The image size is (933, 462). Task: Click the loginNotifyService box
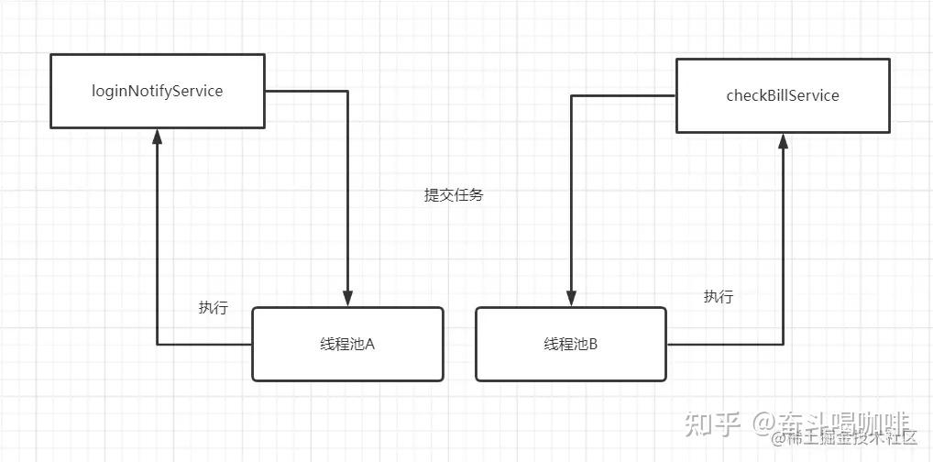click(157, 91)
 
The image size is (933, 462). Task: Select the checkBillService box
click(782, 95)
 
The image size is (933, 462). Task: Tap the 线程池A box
click(347, 344)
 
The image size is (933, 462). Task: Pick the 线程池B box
click(571, 344)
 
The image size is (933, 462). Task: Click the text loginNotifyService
click(157, 91)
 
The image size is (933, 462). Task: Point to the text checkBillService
click(782, 95)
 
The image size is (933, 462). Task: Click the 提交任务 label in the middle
click(453, 195)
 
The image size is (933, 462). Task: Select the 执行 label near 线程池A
click(213, 308)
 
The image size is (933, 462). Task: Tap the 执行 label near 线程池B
click(718, 297)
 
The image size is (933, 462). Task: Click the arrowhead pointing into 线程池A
click(347, 299)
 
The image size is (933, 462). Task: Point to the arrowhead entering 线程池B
click(571, 299)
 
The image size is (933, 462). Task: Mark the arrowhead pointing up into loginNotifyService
click(157, 137)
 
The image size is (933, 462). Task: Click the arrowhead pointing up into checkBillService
click(783, 141)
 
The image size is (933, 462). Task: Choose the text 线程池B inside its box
click(570, 345)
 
